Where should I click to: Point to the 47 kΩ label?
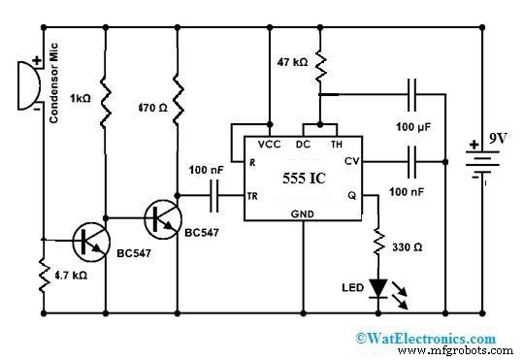click(291, 61)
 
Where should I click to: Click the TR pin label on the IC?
click(253, 195)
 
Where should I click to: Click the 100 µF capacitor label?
click(412, 127)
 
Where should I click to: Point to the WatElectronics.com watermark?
click(428, 338)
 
